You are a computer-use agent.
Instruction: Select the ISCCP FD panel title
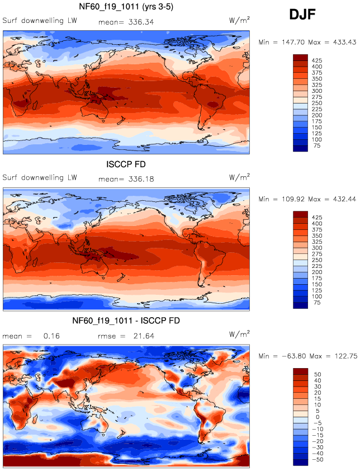coord(126,164)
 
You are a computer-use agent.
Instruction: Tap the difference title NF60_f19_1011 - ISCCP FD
coord(126,321)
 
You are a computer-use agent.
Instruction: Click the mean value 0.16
coord(52,336)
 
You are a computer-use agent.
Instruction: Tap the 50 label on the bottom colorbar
coord(316,372)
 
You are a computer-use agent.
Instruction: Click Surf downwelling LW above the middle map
coord(40,178)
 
